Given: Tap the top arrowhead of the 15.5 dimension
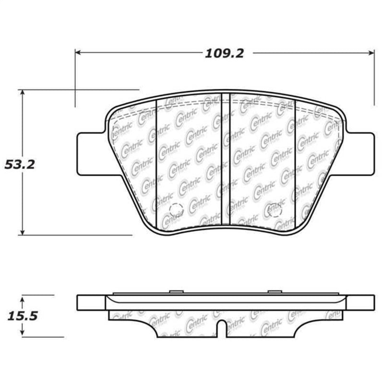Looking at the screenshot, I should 22,298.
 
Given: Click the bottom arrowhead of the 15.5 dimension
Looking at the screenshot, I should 22,334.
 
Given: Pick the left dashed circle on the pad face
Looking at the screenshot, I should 176,209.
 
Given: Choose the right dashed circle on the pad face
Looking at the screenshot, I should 274,209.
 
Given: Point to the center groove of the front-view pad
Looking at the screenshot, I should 226,158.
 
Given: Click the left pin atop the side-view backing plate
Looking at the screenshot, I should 176,291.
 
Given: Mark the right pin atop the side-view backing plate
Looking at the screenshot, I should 274,291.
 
